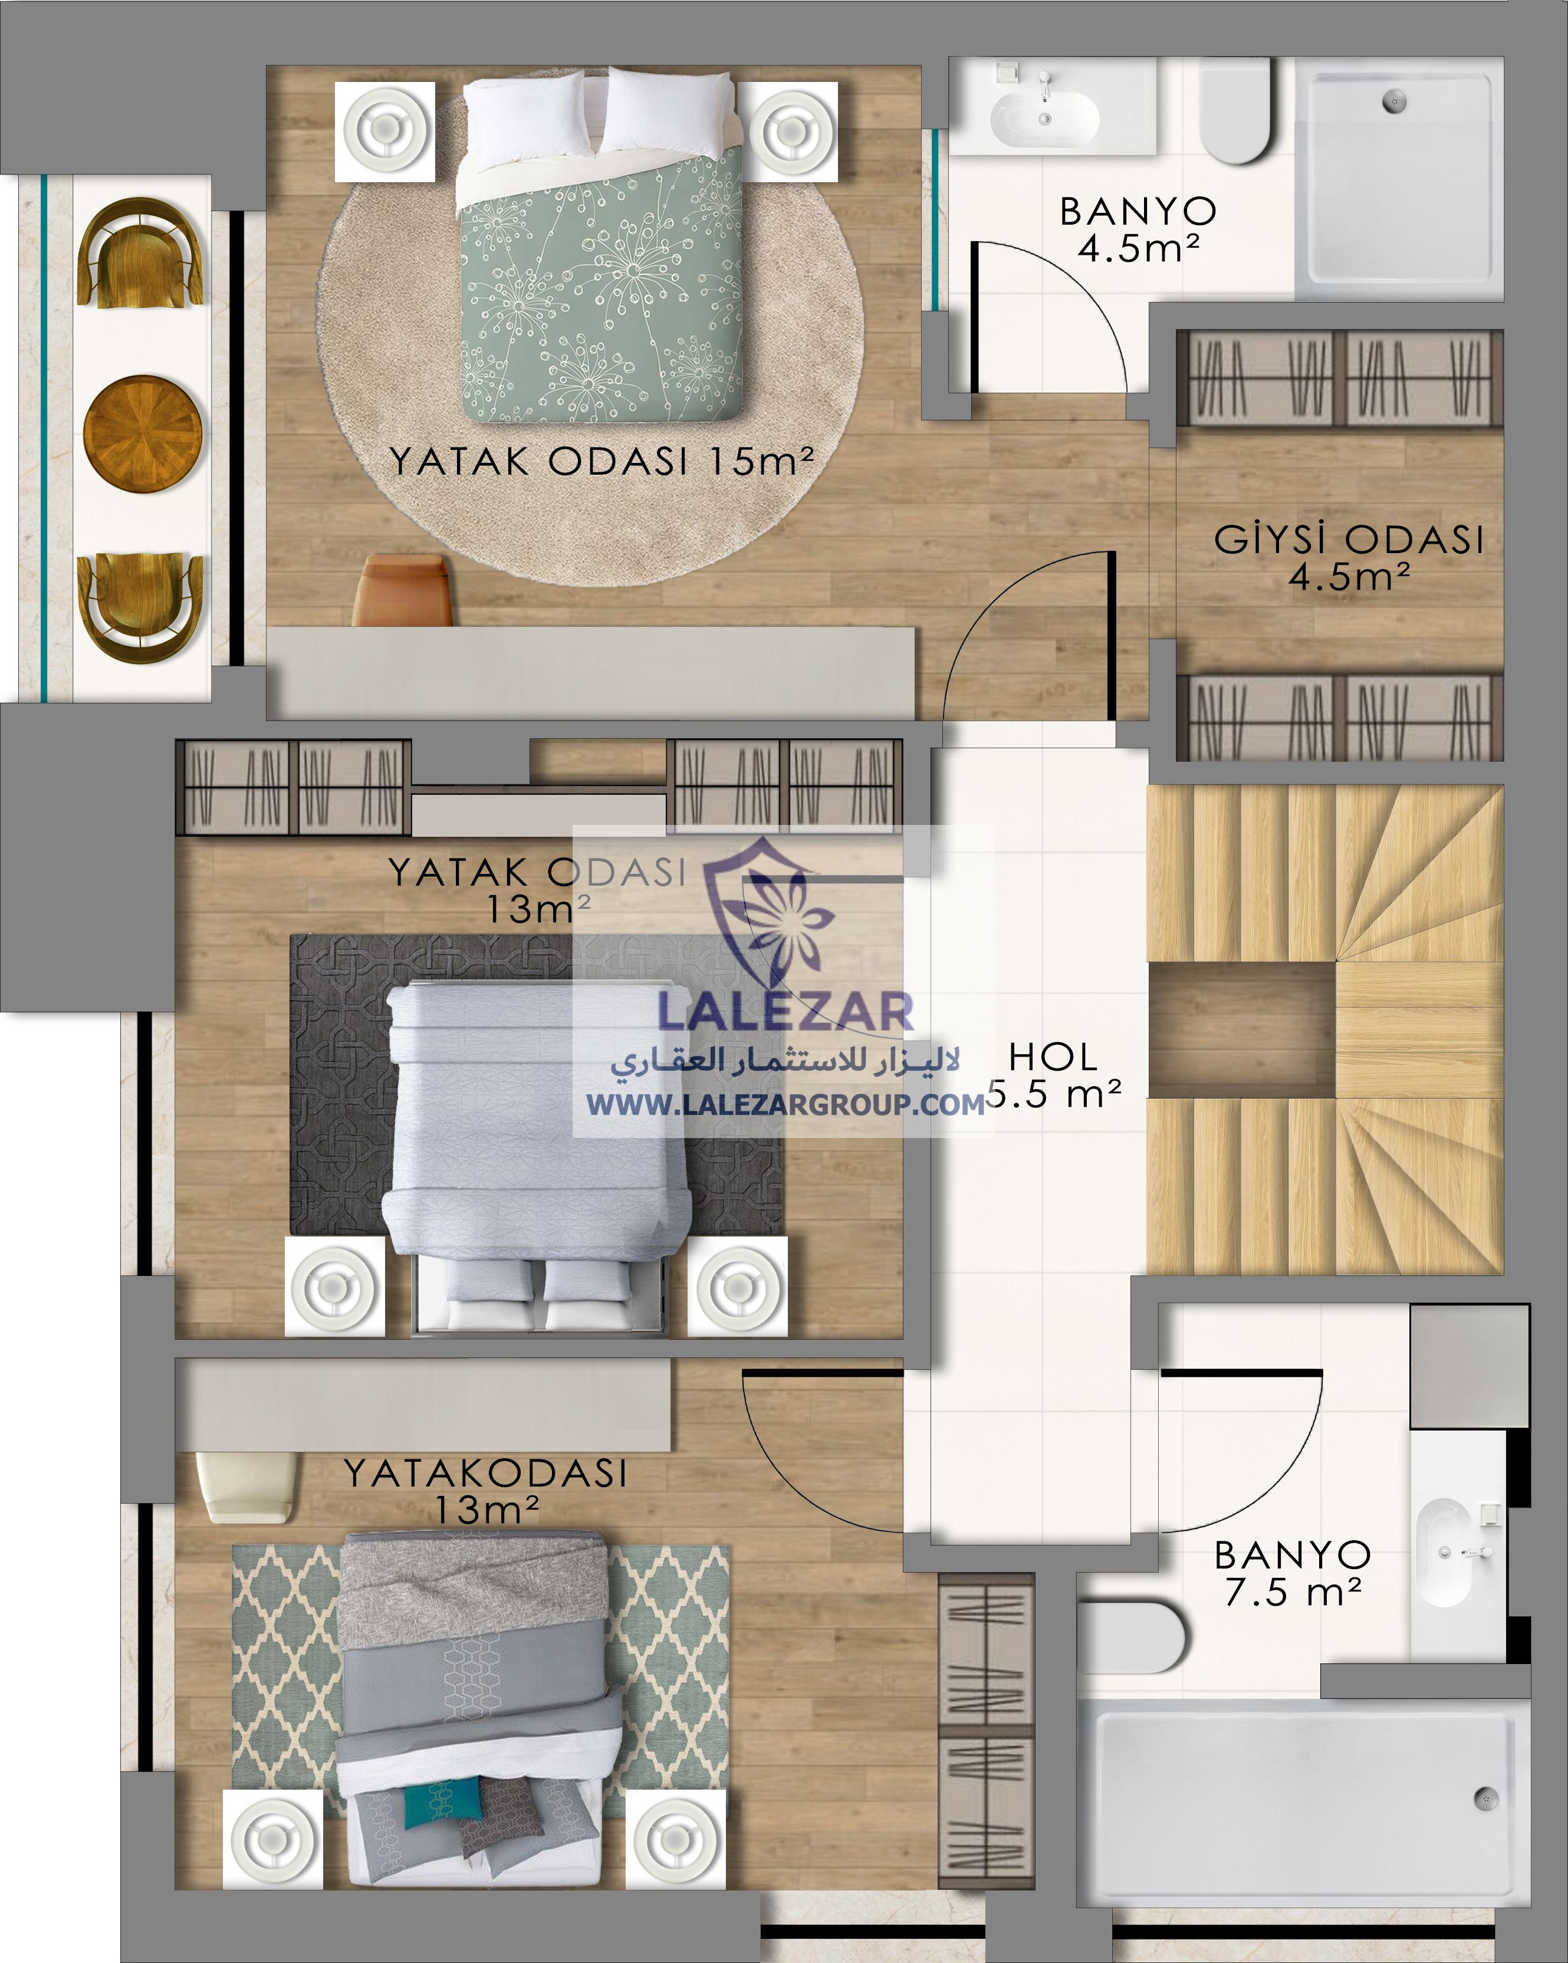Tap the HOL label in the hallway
[x=1053, y=1057]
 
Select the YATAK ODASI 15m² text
[x=601, y=461]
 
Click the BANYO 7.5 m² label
[x=1293, y=1573]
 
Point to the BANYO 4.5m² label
[x=1138, y=229]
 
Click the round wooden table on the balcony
[x=143, y=435]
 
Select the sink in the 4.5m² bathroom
[x=1046, y=119]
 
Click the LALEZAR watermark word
[x=785, y=1011]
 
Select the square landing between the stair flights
[x=1242, y=1030]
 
